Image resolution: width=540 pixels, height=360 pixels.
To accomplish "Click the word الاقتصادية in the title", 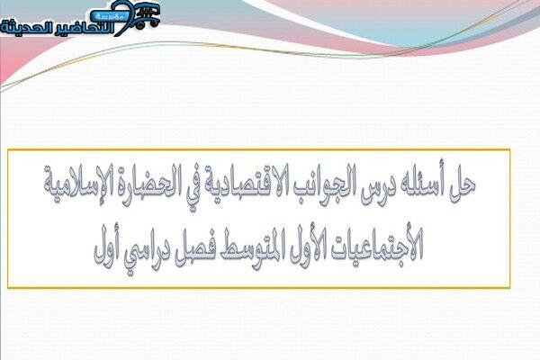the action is (x=247, y=186).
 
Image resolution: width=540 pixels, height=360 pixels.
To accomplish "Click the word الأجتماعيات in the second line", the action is (x=377, y=246).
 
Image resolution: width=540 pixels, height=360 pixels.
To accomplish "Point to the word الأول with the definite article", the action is (x=305, y=246).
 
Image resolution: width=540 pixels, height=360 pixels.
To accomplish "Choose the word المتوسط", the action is (x=247, y=248).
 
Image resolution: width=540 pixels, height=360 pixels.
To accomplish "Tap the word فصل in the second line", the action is (x=192, y=248).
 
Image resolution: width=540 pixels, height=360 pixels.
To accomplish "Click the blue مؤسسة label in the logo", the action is (x=106, y=16).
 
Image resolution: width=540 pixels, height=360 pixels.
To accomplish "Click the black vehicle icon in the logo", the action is (x=147, y=16).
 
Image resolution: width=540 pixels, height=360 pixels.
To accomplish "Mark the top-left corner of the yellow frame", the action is (x=8, y=150).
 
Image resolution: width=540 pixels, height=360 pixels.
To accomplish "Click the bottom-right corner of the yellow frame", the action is (x=509, y=287).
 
